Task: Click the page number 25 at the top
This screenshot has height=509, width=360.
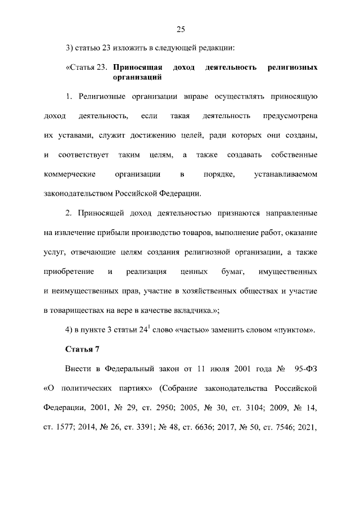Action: [180, 29]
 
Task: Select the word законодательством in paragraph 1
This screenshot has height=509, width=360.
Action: [78, 193]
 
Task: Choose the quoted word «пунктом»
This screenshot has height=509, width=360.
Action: [293, 330]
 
